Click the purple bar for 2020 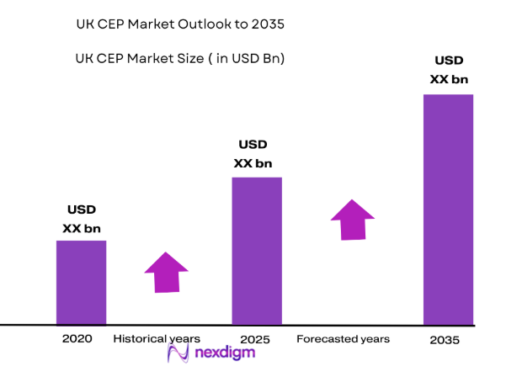[x=81, y=282]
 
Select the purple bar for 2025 [x=256, y=250]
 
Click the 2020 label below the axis [x=77, y=339]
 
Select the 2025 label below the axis [x=254, y=339]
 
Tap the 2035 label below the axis [x=445, y=340]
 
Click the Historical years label [x=157, y=339]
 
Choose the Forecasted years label [x=343, y=339]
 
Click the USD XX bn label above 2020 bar [x=81, y=219]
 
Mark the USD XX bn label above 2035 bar [x=449, y=70]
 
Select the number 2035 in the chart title [x=267, y=24]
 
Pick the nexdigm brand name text [x=224, y=353]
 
